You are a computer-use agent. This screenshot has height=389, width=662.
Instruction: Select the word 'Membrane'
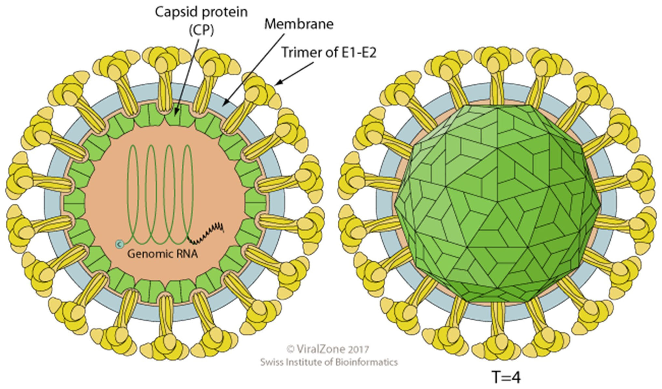click(299, 24)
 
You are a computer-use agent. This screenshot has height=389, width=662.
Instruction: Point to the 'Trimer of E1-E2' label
click(329, 52)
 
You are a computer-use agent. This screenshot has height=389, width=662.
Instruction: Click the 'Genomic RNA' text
click(162, 253)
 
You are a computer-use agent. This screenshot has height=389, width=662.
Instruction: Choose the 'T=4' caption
click(506, 378)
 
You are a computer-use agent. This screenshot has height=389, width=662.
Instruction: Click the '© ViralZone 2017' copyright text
click(328, 349)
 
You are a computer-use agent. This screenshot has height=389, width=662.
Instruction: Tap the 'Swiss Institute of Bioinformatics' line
click(329, 362)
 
